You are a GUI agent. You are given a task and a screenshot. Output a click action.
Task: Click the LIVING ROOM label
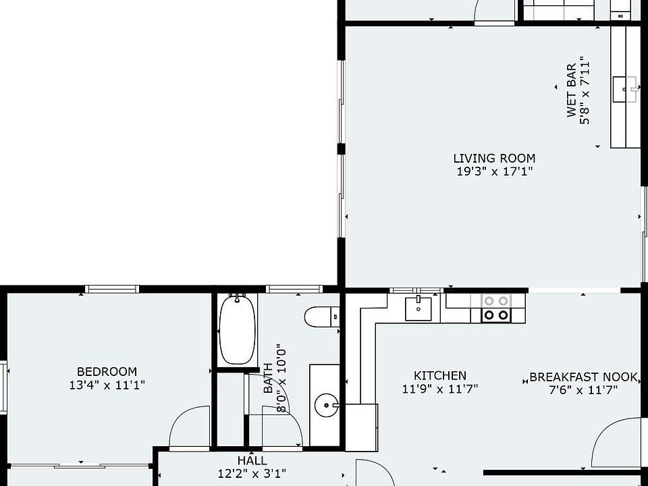click(x=494, y=158)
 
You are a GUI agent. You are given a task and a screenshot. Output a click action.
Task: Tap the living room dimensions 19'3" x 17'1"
click(x=494, y=171)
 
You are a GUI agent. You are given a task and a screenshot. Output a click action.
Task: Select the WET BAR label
click(x=572, y=90)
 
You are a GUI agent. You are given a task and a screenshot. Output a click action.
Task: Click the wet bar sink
click(x=624, y=89)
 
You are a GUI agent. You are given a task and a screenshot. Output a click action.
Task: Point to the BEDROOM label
click(x=107, y=371)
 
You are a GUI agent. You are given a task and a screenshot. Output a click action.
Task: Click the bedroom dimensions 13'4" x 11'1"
click(x=107, y=385)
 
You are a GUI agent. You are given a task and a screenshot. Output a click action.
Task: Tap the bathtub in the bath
click(x=237, y=329)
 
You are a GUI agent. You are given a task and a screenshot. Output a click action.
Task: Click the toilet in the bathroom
click(x=322, y=317)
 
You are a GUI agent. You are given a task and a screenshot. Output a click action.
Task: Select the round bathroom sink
click(x=326, y=406)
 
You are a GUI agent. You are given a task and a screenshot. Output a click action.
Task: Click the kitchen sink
click(x=418, y=308)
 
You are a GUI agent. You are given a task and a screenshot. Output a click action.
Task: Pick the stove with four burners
click(x=496, y=308)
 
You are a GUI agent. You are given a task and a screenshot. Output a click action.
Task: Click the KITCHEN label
click(x=440, y=376)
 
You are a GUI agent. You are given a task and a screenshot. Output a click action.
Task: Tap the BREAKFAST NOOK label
click(x=583, y=377)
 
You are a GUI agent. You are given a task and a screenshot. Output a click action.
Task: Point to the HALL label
click(x=252, y=460)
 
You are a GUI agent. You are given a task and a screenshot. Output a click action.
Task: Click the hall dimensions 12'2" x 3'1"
click(x=252, y=473)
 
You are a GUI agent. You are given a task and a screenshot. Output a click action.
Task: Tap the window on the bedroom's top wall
click(x=112, y=289)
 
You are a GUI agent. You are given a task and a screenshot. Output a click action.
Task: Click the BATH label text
click(x=268, y=378)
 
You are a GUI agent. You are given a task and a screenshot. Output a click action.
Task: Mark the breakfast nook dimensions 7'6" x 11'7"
click(x=583, y=389)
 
